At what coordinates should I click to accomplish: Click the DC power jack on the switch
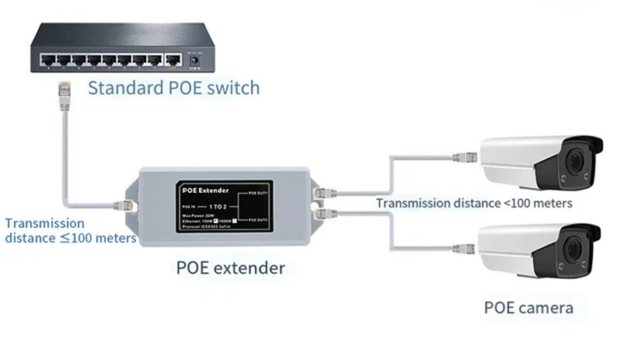coord(195,58)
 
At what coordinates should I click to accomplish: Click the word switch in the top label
coord(232,86)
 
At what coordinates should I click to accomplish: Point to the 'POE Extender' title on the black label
coord(204,189)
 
